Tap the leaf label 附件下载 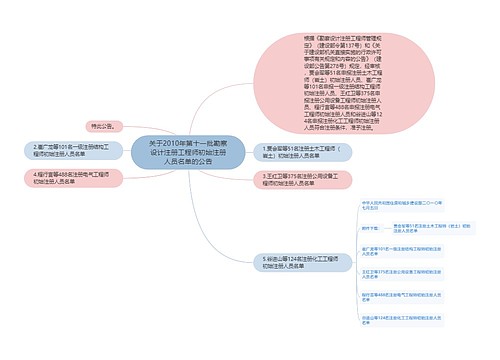click(x=373, y=228)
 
